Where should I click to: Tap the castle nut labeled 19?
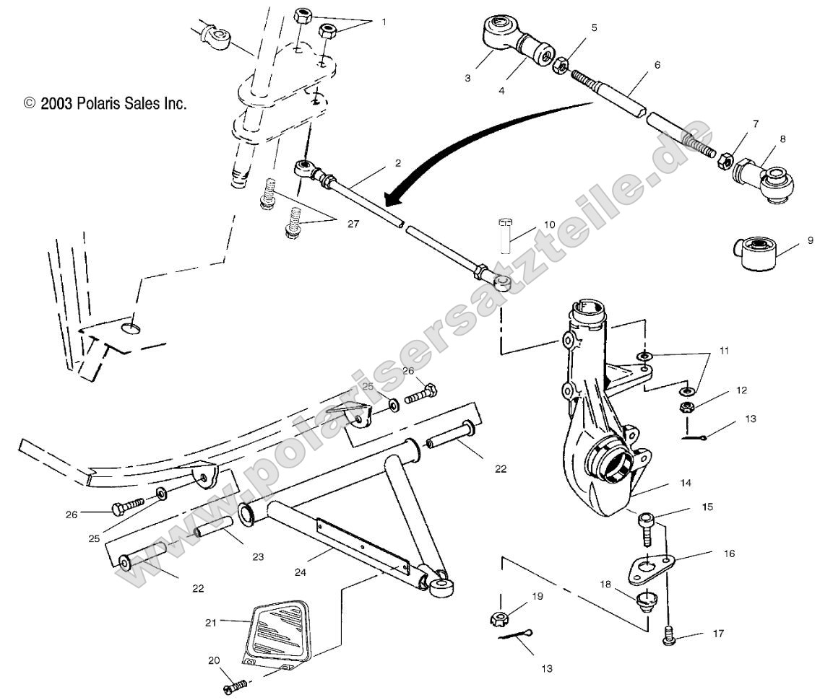(x=498, y=618)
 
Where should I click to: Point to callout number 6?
(x=657, y=65)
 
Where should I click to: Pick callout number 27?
(x=353, y=224)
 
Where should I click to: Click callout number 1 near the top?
(x=384, y=22)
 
